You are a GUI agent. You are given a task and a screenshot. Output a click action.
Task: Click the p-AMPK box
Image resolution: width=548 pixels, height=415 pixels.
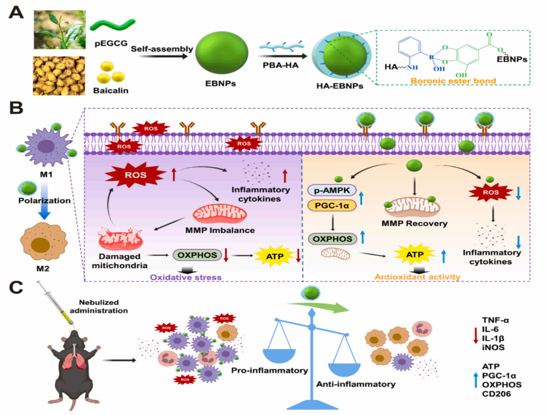tap(332, 190)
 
